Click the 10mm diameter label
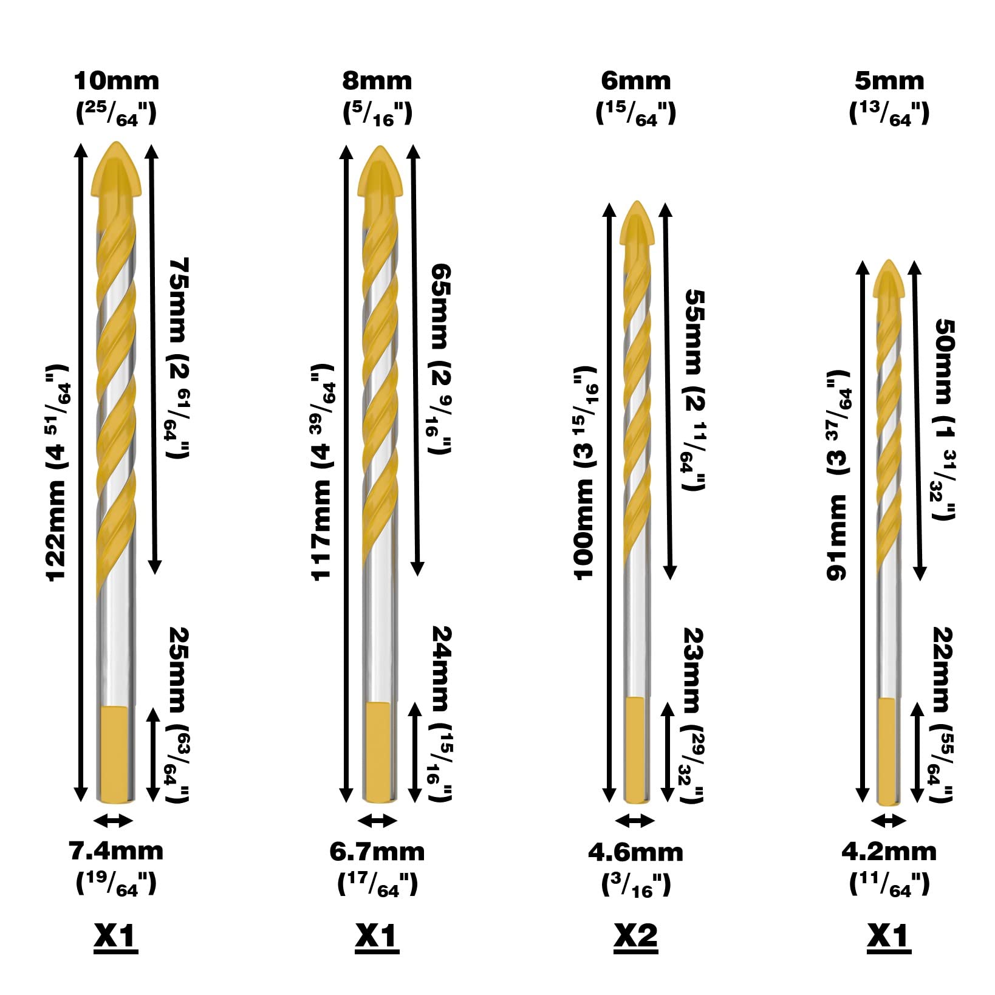[116, 81]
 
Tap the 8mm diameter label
[377, 81]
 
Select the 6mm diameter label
[635, 81]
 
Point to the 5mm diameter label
[889, 81]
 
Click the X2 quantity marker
[635, 936]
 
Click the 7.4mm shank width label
[116, 851]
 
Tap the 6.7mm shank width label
[377, 852]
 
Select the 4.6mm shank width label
[635, 853]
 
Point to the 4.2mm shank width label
[889, 852]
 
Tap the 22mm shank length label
[942, 714]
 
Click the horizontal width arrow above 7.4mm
[114, 821]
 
